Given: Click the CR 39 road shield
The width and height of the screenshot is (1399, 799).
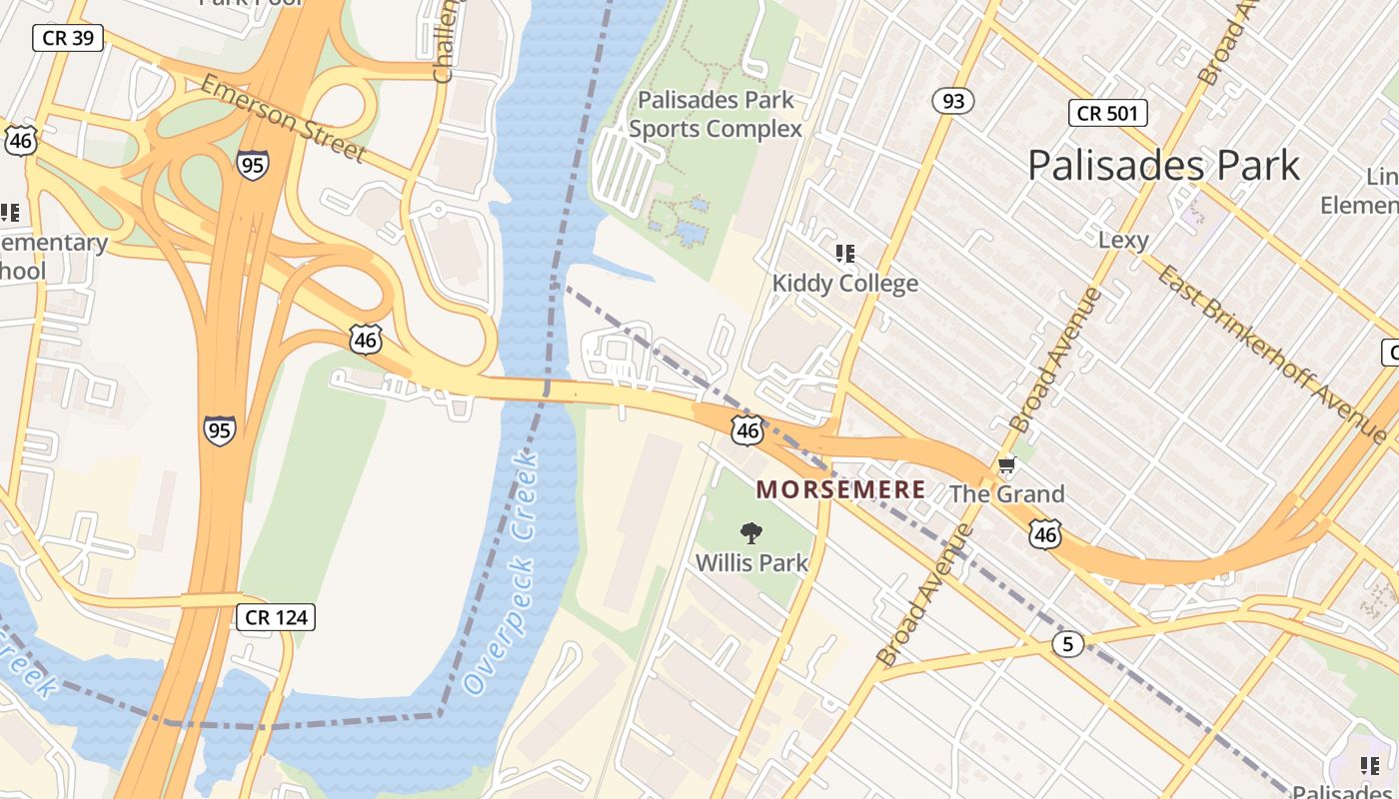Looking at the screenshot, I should coord(68,38).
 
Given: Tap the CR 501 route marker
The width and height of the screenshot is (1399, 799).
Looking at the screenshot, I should coord(1107,113).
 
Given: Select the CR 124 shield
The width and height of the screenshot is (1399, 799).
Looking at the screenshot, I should coord(277,617).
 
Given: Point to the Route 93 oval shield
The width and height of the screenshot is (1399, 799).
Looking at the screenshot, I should coord(952,100).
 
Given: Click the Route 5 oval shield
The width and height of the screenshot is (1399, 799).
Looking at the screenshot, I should coord(1067,644).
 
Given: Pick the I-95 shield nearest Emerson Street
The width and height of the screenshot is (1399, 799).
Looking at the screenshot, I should coord(253,164).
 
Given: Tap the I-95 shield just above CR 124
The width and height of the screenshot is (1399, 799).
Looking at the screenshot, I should coord(219,430).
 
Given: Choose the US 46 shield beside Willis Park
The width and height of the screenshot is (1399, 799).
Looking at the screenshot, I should coord(746,430).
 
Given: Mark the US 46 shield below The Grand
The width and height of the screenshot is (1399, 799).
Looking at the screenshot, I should coord(1045,534).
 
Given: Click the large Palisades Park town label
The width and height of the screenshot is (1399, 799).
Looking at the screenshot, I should coord(1163,165).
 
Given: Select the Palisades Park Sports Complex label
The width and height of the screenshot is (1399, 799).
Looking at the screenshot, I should coord(715,115).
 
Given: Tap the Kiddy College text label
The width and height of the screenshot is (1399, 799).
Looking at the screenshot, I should coord(844,284).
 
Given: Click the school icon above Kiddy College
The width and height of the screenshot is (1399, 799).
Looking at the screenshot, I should coord(845,254).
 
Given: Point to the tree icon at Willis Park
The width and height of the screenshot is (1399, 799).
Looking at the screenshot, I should coord(751,533).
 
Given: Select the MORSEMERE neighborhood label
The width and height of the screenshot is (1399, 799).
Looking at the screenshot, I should coord(840,489).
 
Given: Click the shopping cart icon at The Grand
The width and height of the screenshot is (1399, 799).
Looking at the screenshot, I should coord(1006,465).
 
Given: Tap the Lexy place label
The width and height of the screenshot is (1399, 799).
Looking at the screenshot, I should coord(1123,240).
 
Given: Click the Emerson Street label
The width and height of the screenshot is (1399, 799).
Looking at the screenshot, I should coord(282,118).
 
